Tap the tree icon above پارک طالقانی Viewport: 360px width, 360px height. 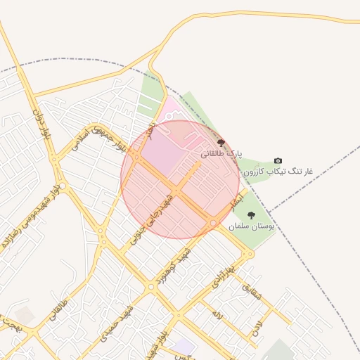click(x=221, y=143)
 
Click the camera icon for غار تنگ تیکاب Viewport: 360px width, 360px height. click(x=278, y=161)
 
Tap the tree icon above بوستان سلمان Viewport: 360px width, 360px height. click(x=251, y=215)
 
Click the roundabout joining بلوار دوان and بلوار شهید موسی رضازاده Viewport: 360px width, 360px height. click(x=63, y=186)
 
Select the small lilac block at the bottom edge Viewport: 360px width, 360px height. click(x=184, y=346)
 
